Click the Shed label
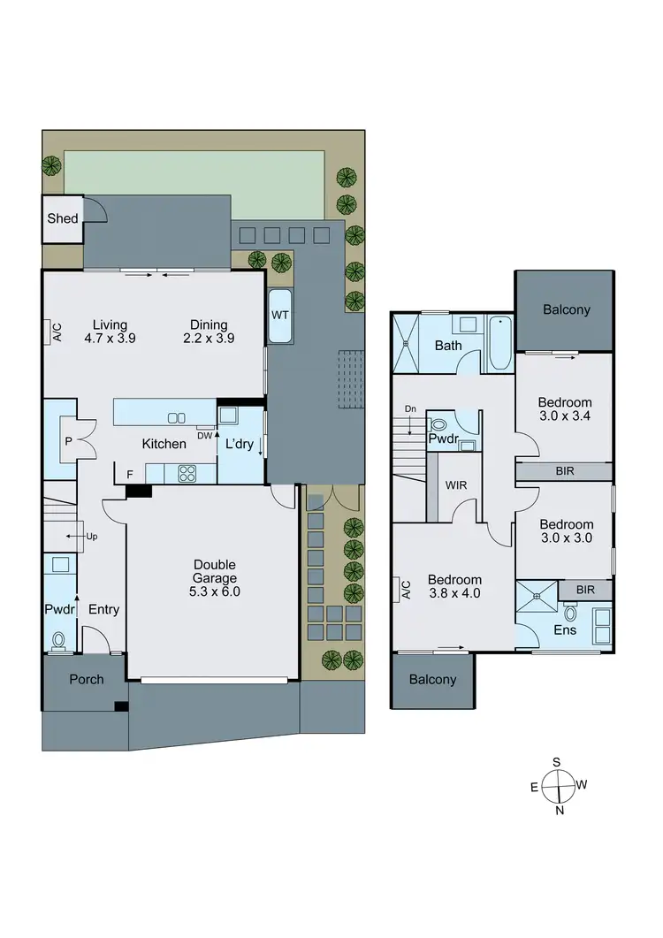pyautogui.click(x=63, y=219)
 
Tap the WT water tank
pyautogui.click(x=280, y=316)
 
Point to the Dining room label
pyautogui.click(x=209, y=324)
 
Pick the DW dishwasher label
pyautogui.click(x=205, y=435)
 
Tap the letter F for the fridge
pyautogui.click(x=130, y=475)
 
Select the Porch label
pyautogui.click(x=87, y=680)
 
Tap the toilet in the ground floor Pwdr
pyautogui.click(x=60, y=640)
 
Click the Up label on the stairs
pyautogui.click(x=92, y=536)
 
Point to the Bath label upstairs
pyautogui.click(x=448, y=346)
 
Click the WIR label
pyautogui.click(x=457, y=484)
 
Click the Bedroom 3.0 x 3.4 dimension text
pyautogui.click(x=566, y=416)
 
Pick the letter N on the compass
pyautogui.click(x=559, y=809)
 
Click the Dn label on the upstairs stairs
pyautogui.click(x=409, y=408)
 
